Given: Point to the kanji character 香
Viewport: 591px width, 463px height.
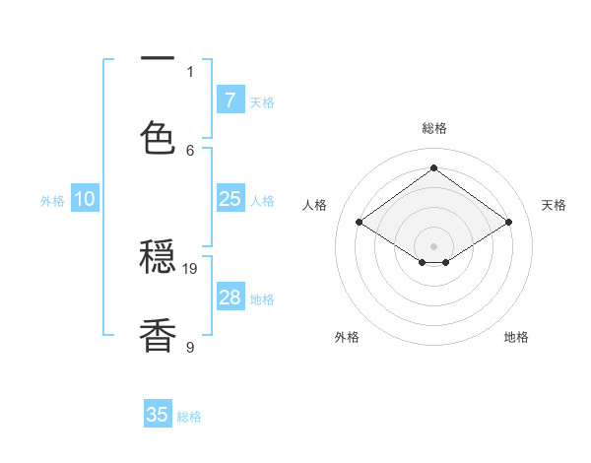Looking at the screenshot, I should pos(158,335).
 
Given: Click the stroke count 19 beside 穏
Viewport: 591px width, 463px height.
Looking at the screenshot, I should pos(191,268).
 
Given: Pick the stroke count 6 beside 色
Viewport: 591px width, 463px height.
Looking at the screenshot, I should pos(190,150).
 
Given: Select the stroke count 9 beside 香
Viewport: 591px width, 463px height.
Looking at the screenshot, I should pos(190,347).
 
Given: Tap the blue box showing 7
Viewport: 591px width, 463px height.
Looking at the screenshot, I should pos(230,100).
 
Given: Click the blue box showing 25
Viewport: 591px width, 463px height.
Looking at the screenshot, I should pos(230,199).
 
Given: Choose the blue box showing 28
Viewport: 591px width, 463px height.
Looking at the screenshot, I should pos(230,298).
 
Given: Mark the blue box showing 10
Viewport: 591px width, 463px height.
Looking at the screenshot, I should pos(85,199).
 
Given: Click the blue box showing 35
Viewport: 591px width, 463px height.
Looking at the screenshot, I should pos(158,415).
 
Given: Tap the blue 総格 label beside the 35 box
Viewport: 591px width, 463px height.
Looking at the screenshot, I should pos(189,417).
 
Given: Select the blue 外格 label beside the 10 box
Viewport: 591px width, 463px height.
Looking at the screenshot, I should pos(52,201).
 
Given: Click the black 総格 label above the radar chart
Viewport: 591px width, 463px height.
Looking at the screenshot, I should pos(433,128).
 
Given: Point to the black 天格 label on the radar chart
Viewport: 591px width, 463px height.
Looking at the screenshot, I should pos(554,205).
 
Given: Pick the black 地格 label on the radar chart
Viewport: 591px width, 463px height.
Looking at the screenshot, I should pos(516,337).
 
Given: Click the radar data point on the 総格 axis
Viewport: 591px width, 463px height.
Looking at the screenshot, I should pos(433,168).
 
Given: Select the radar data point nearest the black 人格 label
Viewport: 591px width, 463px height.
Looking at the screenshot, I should pos(359,223).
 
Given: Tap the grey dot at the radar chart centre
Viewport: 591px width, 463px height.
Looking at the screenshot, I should pos(433,245).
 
